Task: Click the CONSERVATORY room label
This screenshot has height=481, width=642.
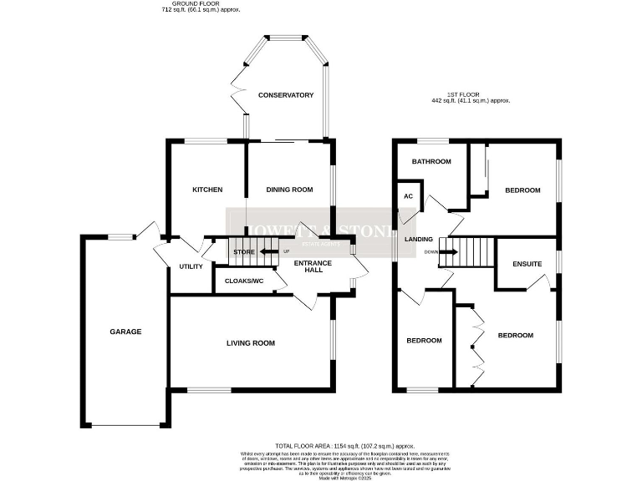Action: pyautogui.click(x=286, y=95)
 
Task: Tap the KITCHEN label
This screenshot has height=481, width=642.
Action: pyautogui.click(x=207, y=190)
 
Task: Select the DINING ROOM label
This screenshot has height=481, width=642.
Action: pyautogui.click(x=289, y=190)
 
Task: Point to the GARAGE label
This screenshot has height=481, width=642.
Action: pyautogui.click(x=125, y=332)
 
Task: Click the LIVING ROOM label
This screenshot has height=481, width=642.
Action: pyautogui.click(x=251, y=343)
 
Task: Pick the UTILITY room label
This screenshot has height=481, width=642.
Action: pyautogui.click(x=191, y=266)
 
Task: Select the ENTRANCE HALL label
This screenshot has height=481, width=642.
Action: pyautogui.click(x=311, y=267)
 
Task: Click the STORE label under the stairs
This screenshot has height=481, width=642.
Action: pyautogui.click(x=243, y=251)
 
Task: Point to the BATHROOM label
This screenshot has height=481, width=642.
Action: pyautogui.click(x=431, y=161)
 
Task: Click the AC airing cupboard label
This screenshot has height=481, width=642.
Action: pyautogui.click(x=409, y=196)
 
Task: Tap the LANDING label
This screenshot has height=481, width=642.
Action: pyautogui.click(x=419, y=240)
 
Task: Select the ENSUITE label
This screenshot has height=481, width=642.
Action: pyautogui.click(x=527, y=265)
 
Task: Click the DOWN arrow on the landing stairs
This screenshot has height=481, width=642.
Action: pyautogui.click(x=448, y=251)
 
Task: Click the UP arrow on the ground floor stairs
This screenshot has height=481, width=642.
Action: pyautogui.click(x=269, y=251)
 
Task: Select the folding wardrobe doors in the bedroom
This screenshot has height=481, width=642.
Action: pyautogui.click(x=478, y=347)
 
